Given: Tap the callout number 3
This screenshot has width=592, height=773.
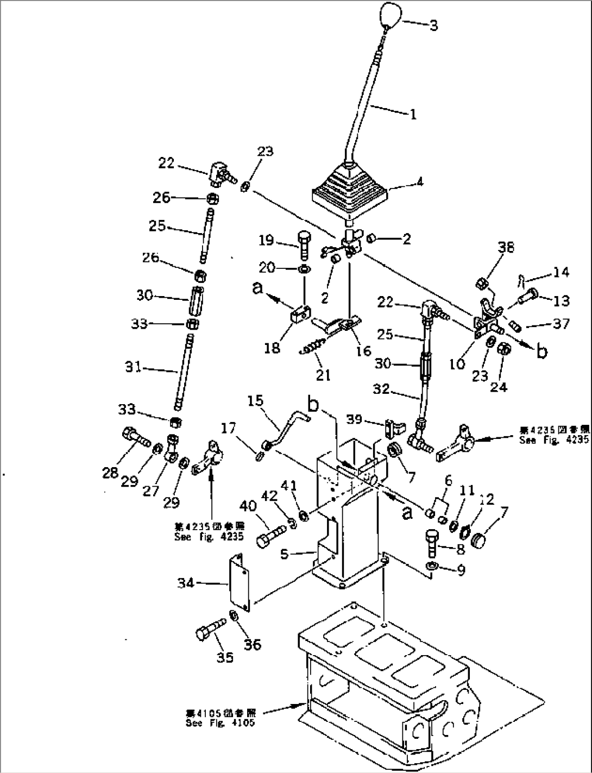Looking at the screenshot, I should (x=433, y=26).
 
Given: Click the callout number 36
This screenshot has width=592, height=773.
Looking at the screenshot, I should (x=253, y=644).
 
